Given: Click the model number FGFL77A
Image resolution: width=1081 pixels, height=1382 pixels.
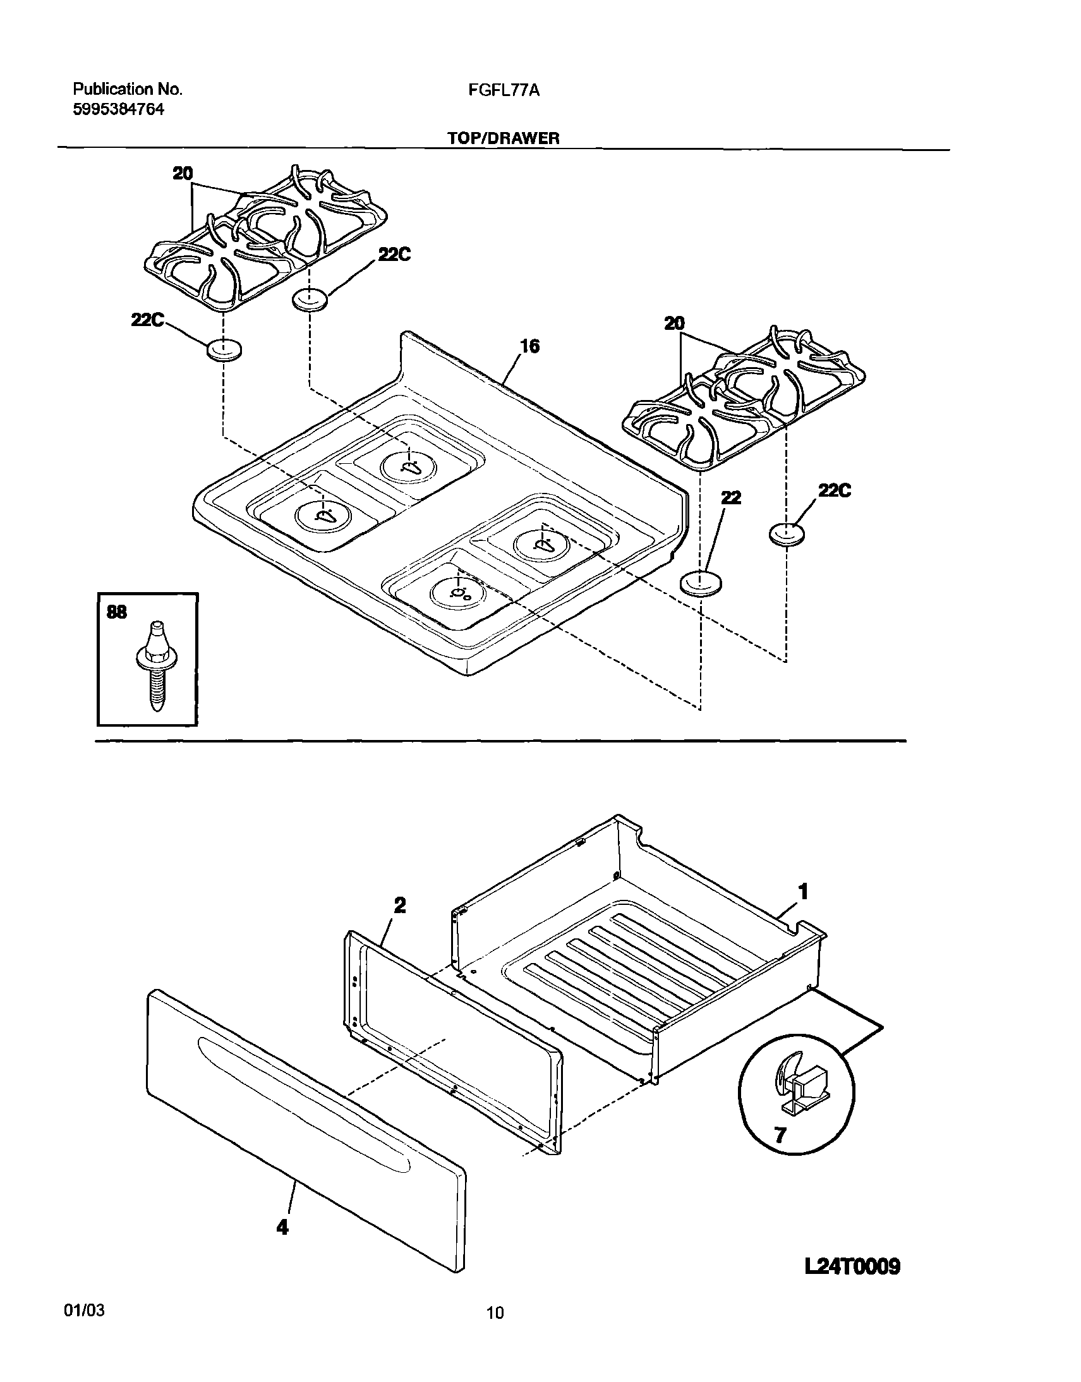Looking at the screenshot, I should point(504,90).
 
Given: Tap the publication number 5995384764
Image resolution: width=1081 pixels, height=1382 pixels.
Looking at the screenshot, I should point(119,109).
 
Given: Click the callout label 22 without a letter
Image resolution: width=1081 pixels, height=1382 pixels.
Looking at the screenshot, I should point(731,497).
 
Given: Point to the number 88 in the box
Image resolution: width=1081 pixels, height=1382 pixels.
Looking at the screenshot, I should point(117,612).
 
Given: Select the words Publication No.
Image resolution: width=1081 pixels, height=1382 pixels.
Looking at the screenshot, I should point(128,89).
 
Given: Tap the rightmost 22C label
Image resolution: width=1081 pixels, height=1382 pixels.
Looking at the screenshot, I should point(834,490).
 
